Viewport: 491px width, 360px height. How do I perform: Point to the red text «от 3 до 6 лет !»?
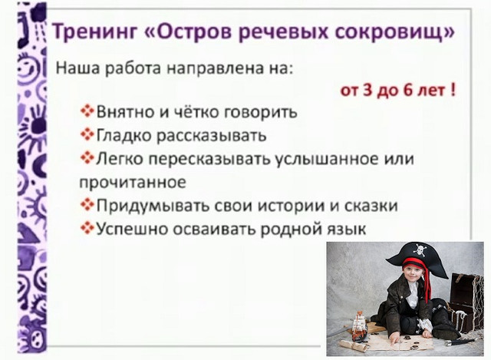[398, 89]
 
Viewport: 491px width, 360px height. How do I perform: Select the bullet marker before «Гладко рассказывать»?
[87, 136]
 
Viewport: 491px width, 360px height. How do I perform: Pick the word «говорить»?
[261, 112]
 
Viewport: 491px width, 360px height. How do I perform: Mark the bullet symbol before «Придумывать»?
[87, 206]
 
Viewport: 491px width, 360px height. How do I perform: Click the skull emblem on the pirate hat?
[420, 250]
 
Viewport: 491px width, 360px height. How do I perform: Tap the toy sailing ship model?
[358, 326]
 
